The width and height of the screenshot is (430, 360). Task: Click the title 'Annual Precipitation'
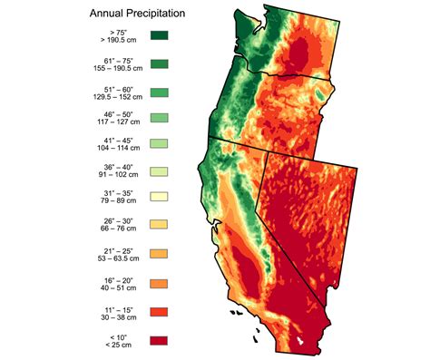137,15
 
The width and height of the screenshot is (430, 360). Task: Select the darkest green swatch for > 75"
160,37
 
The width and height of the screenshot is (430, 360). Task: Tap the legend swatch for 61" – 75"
160,63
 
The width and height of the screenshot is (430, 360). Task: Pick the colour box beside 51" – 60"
160,91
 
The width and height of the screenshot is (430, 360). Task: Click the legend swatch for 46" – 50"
160,117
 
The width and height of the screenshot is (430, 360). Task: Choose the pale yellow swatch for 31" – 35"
160,197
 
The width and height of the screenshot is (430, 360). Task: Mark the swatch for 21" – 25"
160,250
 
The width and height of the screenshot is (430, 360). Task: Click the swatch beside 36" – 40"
160,170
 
